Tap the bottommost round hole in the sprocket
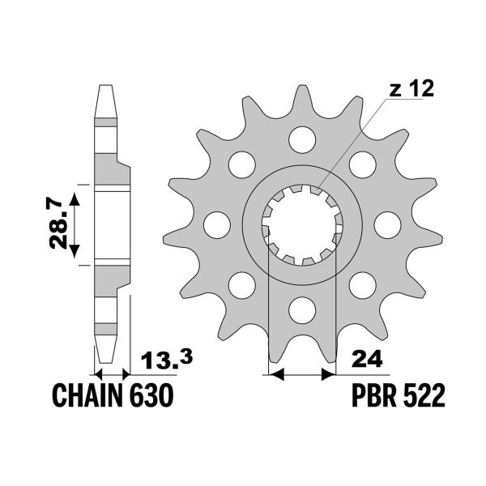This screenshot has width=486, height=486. [301, 308]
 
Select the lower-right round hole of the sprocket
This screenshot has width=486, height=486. [362, 283]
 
